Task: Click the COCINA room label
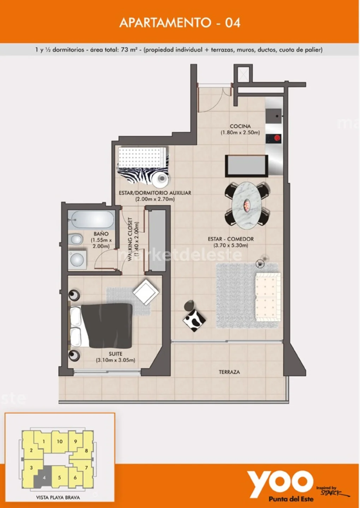(x=240, y=126)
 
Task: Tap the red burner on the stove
(x=277, y=138)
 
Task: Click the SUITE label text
(x=115, y=353)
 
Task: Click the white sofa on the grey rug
(x=268, y=297)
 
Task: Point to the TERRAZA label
(x=229, y=372)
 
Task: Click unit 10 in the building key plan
(x=60, y=441)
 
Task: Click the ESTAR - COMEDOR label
(x=231, y=239)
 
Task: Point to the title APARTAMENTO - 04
(x=180, y=23)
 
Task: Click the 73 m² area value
(x=129, y=49)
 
